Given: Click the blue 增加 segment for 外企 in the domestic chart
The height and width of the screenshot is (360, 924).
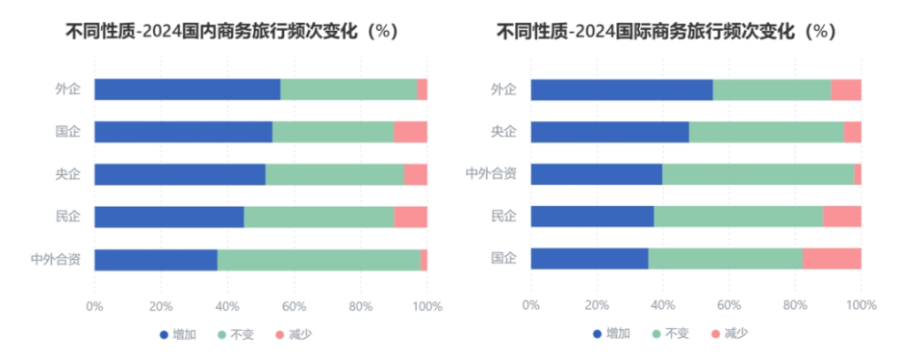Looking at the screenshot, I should (187, 90).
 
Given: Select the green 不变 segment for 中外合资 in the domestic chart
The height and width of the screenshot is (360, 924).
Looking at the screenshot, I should (319, 260).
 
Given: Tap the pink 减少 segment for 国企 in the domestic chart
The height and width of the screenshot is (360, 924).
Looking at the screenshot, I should (410, 132).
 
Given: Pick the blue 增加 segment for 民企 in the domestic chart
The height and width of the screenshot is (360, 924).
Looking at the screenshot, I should (168, 218).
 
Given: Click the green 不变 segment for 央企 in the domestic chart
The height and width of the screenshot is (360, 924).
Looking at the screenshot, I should (334, 174).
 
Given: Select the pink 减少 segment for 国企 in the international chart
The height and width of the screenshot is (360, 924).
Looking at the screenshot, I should (832, 259).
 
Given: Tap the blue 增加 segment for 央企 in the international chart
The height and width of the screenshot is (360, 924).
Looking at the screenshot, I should (609, 132).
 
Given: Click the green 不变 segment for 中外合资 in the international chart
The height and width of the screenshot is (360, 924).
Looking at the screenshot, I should (757, 174).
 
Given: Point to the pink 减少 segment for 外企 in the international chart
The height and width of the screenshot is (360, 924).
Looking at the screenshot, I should (846, 90).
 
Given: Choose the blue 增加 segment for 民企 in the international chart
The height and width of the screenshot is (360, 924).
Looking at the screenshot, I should (592, 217).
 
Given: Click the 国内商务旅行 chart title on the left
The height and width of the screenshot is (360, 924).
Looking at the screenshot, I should (231, 31).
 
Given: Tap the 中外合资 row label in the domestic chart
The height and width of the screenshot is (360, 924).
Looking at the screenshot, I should (55, 259).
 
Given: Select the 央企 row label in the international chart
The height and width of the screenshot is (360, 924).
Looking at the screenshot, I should (503, 132).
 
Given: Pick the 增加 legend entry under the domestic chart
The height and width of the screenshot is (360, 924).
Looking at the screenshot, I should (178, 334).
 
